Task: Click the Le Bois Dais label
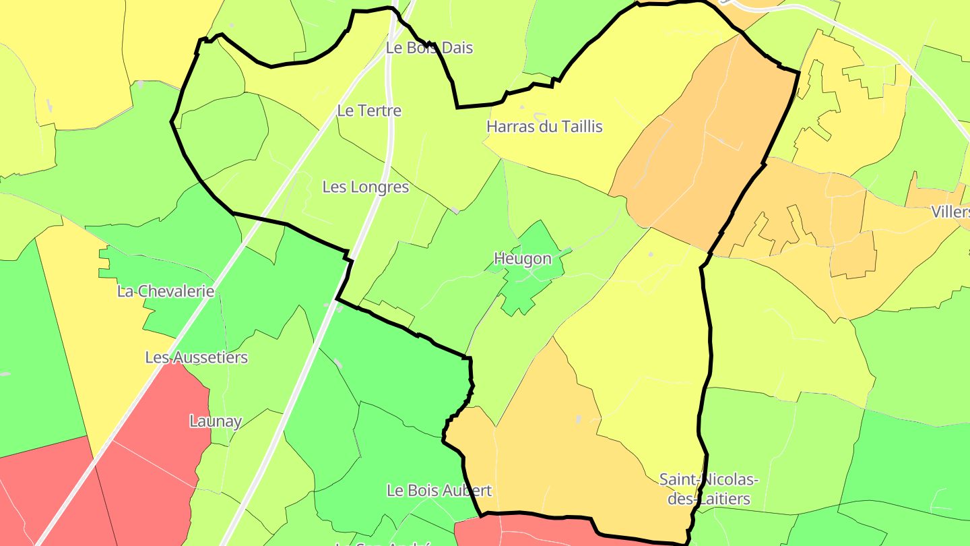pos(429,48)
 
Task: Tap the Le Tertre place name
pos(369,111)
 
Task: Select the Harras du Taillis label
pos(544,127)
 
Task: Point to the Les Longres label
pos(366,187)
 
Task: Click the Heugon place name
pos(523,259)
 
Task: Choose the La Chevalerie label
pos(166,291)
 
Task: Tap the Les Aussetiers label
pos(197,357)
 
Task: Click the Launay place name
pos(216,421)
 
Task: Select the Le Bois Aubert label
pos(439,490)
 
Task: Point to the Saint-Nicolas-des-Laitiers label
pos(709,489)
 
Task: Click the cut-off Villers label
pos(951,212)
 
